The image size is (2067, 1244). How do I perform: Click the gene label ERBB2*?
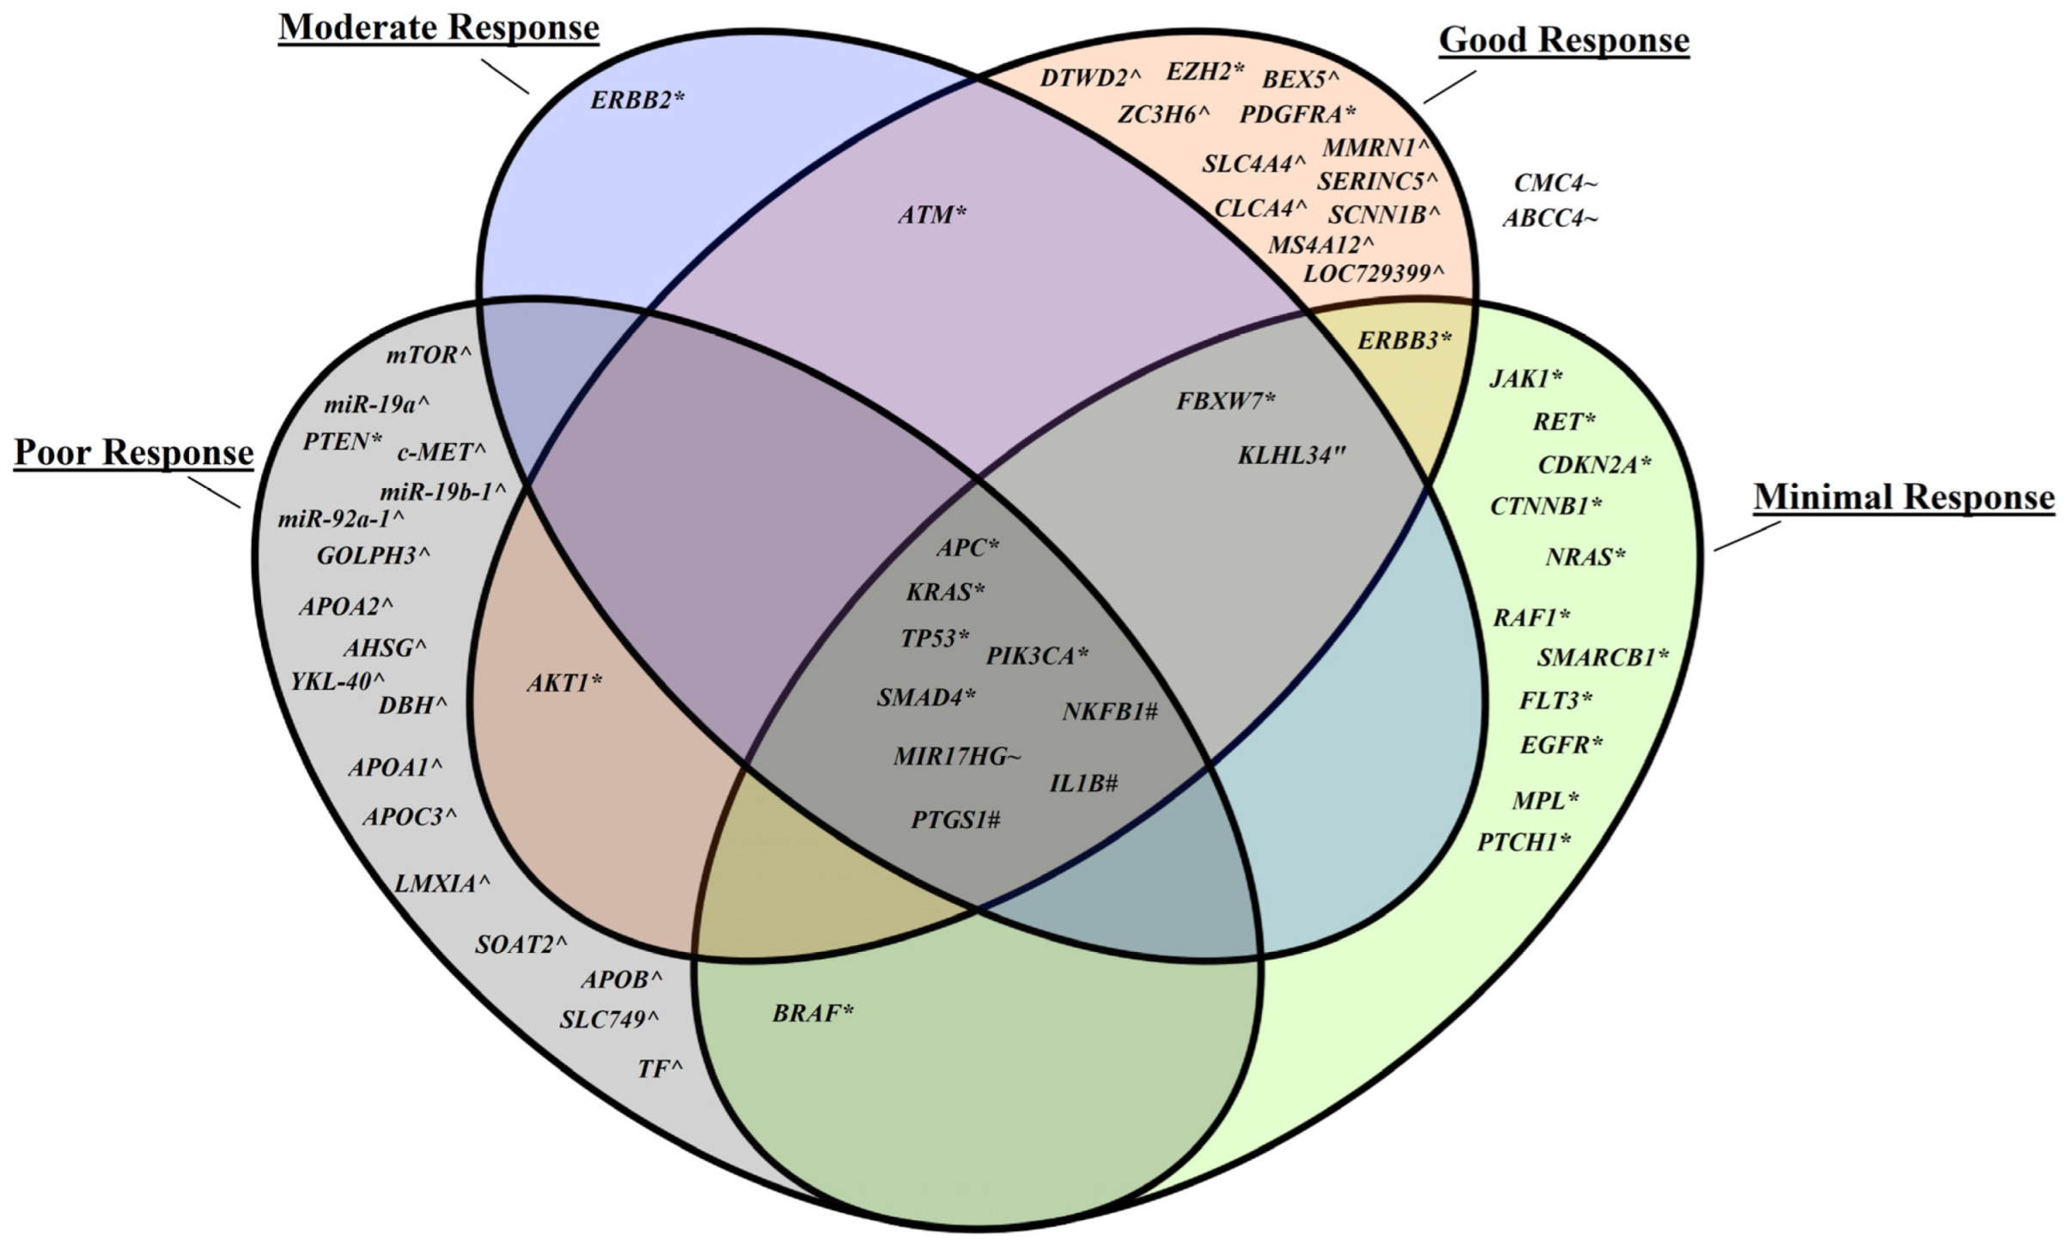(x=637, y=101)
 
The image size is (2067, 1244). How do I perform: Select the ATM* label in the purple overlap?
(x=932, y=215)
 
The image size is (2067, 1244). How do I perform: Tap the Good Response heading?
(x=1564, y=40)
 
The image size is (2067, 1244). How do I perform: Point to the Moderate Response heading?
(x=438, y=27)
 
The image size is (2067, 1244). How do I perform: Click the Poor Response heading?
(x=134, y=453)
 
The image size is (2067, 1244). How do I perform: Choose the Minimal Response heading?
(x=1904, y=497)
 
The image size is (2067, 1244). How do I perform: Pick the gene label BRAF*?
(x=813, y=1014)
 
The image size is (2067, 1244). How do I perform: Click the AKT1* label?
(x=564, y=683)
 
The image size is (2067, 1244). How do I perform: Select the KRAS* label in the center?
(x=945, y=592)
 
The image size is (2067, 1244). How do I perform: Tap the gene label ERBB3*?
(x=1404, y=341)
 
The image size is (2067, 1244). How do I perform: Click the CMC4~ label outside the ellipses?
(x=1555, y=183)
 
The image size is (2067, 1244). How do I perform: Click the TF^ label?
(x=660, y=1069)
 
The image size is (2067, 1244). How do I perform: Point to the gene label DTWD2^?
(x=1090, y=78)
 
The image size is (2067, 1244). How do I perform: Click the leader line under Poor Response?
(x=214, y=492)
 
